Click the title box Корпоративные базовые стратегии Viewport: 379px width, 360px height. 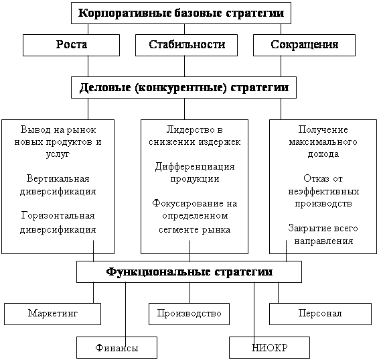[181, 13]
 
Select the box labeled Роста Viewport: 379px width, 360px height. [71, 45]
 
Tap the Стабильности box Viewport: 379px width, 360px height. [186, 45]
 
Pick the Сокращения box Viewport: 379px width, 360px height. [304, 45]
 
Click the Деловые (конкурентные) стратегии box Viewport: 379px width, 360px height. [183, 88]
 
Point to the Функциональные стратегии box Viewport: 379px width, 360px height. [189, 272]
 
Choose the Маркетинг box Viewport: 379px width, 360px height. [52, 314]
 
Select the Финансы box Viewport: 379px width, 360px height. [117, 347]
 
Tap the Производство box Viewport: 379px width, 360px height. [189, 314]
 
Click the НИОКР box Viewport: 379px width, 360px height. [269, 347]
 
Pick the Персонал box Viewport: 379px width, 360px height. [320, 314]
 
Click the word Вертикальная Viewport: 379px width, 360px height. [58, 179]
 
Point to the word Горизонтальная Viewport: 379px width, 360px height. [58, 216]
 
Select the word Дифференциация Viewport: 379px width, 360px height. [195, 167]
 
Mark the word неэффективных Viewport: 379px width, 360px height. [323, 192]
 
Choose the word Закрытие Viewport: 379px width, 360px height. [306, 229]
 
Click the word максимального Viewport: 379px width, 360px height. [323, 141]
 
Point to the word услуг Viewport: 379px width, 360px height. [58, 155]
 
